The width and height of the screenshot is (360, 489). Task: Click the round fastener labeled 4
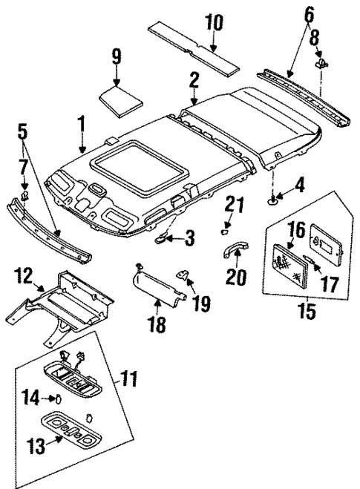[x=275, y=198]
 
